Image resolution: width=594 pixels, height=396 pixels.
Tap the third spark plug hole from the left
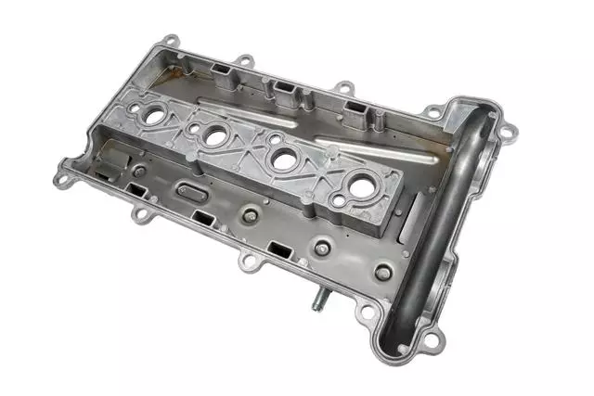pyautogui.click(x=279, y=159)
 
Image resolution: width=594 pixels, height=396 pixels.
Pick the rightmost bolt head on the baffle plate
pyautogui.click(x=382, y=273)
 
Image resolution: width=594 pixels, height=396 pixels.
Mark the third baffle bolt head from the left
pyautogui.click(x=321, y=248)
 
